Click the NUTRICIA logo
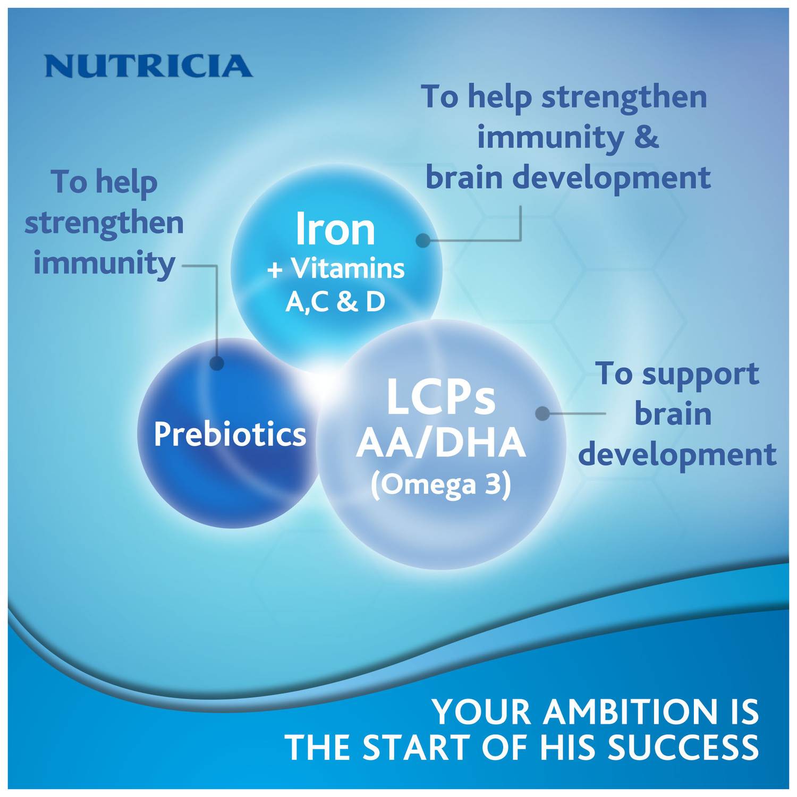coord(149,66)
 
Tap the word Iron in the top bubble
coord(335,229)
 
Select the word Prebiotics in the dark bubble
coord(230,434)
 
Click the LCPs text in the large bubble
coord(441,397)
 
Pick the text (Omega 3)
coord(441,485)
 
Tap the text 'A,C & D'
coord(335,302)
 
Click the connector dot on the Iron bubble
coord(423,241)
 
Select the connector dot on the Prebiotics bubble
coord(217,363)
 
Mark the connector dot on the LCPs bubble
coord(542,414)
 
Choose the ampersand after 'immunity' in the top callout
coord(647,137)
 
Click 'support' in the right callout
coord(700,375)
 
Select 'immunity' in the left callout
coord(104,264)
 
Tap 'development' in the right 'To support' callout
coord(677,455)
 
